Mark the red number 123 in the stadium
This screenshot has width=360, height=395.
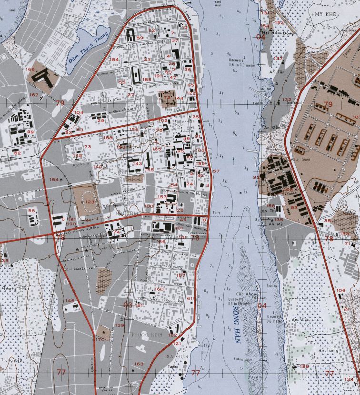pos(89,202)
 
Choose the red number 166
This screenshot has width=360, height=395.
pos(30,70)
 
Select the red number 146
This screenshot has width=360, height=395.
pos(70,301)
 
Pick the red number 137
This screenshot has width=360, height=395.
pos(278,59)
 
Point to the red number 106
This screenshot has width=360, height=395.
pos(340,290)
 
